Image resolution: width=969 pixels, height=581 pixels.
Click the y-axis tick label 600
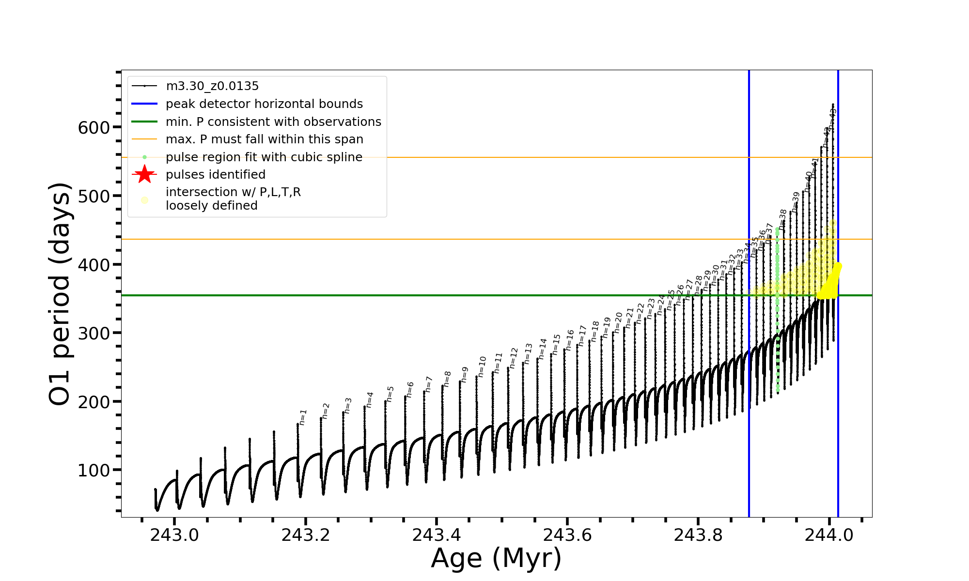94,128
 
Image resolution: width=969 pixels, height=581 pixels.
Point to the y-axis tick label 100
94,471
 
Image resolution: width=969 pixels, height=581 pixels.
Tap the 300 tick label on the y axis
94,334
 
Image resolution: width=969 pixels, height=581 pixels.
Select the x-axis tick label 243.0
174,535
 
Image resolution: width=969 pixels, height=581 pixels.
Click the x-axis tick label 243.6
567,535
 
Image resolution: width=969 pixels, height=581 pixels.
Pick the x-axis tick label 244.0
829,535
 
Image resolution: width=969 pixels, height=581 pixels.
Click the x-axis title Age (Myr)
496,558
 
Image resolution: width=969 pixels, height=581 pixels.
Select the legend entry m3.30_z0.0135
212,86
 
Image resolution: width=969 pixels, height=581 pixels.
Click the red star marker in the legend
144,174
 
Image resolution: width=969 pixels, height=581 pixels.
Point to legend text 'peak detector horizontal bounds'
264,104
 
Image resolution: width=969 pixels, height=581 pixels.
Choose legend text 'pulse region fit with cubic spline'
264,157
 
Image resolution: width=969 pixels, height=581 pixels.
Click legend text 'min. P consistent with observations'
273,122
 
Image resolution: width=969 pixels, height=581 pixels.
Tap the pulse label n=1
303,417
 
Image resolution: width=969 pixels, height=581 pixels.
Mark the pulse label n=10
482,367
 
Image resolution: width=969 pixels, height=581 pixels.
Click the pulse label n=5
391,394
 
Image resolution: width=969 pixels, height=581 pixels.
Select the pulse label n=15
556,344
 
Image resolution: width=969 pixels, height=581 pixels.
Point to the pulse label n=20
618,322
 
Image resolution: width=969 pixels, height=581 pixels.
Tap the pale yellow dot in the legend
144,200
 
